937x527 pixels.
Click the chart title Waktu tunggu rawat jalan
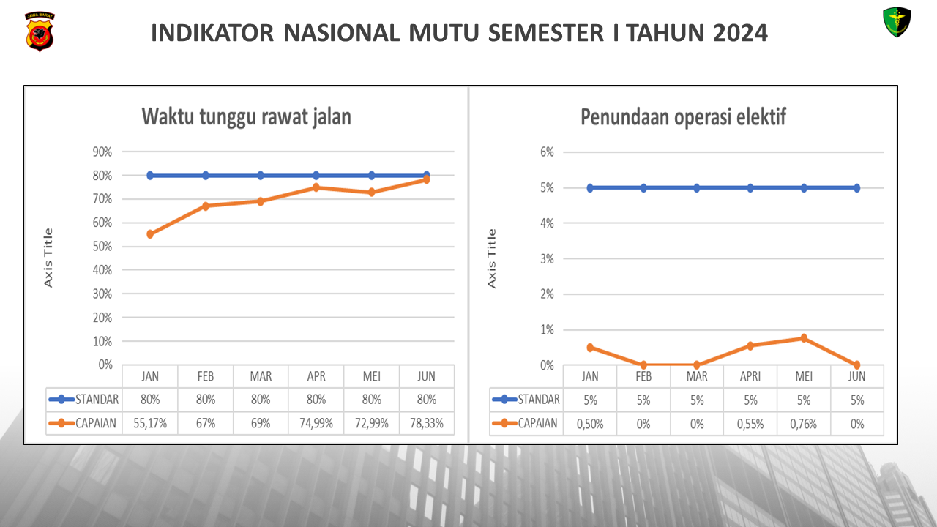(246, 117)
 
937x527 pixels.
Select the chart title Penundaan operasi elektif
(684, 117)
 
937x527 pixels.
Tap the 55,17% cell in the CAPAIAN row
(149, 424)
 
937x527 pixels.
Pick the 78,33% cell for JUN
(426, 424)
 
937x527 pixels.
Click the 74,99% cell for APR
(316, 424)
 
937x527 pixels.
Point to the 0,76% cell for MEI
(803, 424)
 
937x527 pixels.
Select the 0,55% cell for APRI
(750, 424)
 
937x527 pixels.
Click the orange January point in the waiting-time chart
(150, 234)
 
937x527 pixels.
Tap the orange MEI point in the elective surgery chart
(803, 338)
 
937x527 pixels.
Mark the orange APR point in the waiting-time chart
(316, 187)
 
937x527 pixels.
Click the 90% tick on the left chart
(102, 152)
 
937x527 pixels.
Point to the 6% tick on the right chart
(548, 152)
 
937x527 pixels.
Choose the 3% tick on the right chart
(548, 259)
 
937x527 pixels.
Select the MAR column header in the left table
(261, 377)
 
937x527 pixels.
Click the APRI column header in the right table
(750, 377)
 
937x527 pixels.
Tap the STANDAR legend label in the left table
(97, 400)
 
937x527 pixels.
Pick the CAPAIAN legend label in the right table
(537, 424)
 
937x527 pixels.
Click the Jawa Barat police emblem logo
(40, 31)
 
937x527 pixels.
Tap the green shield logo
(897, 23)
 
